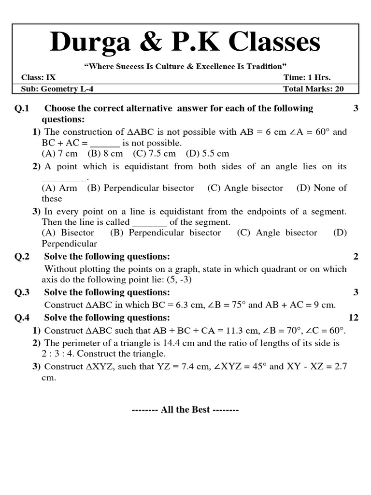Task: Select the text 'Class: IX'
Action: coord(38,77)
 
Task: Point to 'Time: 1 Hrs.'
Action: coord(307,77)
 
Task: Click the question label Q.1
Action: coord(22,108)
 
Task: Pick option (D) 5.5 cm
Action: coord(207,154)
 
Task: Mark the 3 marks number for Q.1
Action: coord(356,108)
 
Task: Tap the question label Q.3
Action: coord(22,292)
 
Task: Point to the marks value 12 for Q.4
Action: coord(353,317)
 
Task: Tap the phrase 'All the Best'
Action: coord(185,409)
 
